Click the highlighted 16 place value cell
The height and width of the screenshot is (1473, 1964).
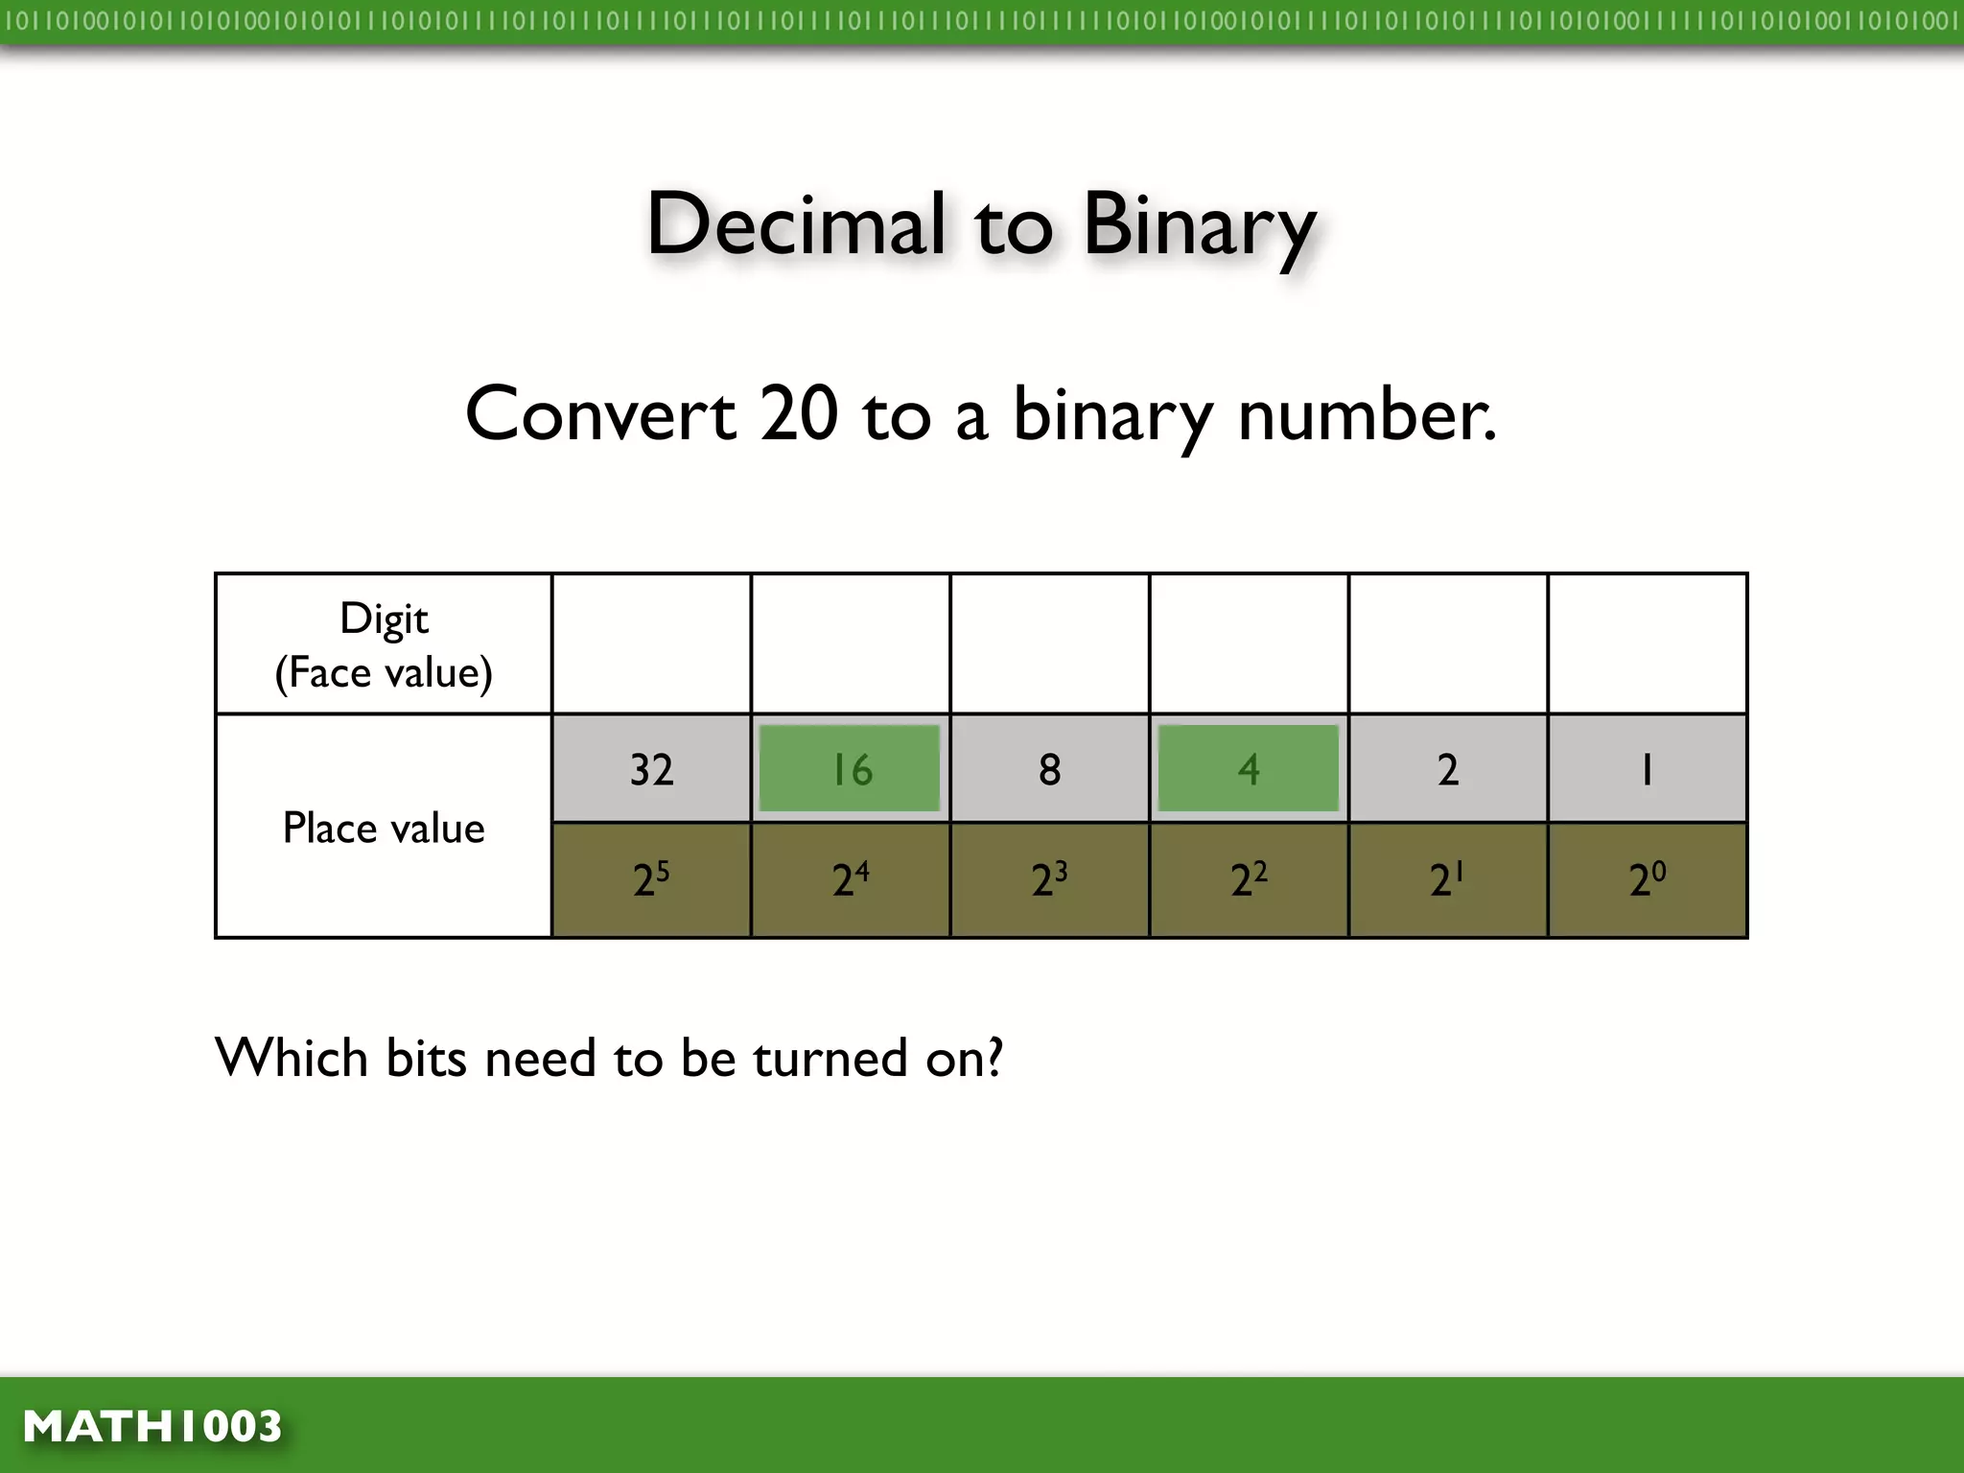[850, 768]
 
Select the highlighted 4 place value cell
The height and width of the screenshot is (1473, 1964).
[1249, 768]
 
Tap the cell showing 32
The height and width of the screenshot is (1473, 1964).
[651, 768]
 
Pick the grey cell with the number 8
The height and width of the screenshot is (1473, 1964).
[1049, 768]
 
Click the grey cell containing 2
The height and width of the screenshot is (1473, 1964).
[1448, 768]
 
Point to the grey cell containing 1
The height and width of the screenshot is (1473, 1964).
[1647, 768]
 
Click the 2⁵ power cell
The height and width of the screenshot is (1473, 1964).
[651, 879]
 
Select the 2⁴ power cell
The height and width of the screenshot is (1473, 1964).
[850, 879]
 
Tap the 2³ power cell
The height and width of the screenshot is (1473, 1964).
[1049, 879]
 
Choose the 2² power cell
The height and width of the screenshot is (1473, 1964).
[1249, 879]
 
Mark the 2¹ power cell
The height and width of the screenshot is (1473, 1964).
[1448, 879]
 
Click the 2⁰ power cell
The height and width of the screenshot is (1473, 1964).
[1647, 879]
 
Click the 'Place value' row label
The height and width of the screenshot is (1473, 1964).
[384, 828]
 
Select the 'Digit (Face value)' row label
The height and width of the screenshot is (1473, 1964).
[384, 644]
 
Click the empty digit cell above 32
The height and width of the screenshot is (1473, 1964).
[651, 643]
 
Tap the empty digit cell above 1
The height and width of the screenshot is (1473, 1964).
[1647, 643]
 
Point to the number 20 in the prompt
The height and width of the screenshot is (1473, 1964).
[799, 414]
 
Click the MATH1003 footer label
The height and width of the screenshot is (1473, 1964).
[152, 1426]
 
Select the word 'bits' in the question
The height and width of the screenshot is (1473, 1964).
[424, 1058]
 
